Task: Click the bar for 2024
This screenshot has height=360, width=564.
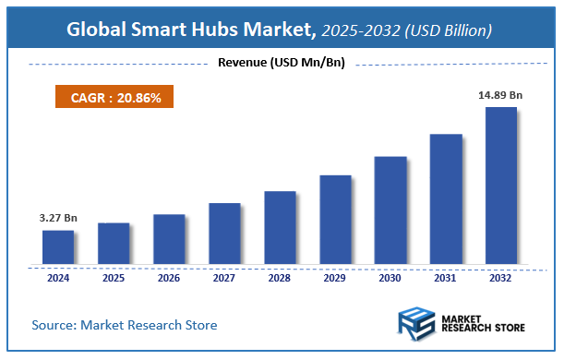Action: pyautogui.click(x=58, y=246)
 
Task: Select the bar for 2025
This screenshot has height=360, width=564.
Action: pyautogui.click(x=114, y=243)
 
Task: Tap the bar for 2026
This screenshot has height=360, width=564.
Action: pyautogui.click(x=169, y=238)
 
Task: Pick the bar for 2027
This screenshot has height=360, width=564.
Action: pyautogui.click(x=224, y=233)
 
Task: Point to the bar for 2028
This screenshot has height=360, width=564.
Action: pyautogui.click(x=280, y=227)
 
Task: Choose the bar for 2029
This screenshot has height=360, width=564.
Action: pyautogui.click(x=335, y=219)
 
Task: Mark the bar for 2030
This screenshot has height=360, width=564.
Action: pyautogui.click(x=390, y=210)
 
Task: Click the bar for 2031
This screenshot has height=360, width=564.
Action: pyautogui.click(x=446, y=198)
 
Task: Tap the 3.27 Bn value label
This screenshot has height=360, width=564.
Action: pyautogui.click(x=58, y=218)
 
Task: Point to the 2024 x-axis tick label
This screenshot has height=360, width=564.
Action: pyautogui.click(x=58, y=277)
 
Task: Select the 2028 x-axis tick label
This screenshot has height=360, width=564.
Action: pyautogui.click(x=280, y=277)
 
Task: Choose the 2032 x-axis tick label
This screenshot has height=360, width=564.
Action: pyautogui.click(x=501, y=277)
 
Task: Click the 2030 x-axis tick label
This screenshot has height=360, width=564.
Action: pyautogui.click(x=390, y=277)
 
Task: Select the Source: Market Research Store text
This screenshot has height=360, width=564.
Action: pyautogui.click(x=125, y=325)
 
